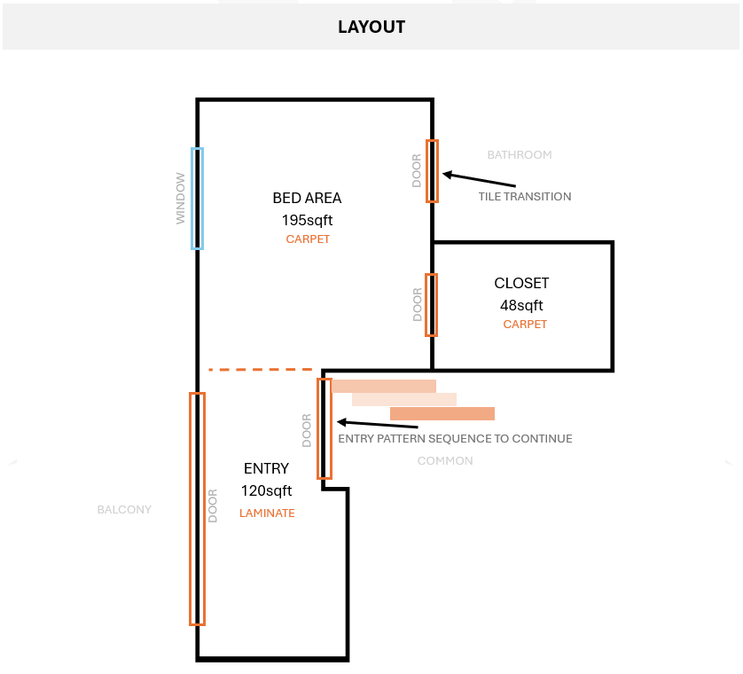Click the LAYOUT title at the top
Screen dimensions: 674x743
[371, 27]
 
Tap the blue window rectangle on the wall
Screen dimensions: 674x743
[197, 199]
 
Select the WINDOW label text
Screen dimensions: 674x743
[181, 199]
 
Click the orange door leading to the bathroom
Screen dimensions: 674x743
[432, 171]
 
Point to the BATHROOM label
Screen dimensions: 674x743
[520, 155]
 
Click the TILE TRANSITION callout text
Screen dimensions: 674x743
[525, 197]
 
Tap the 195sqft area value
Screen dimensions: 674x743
[308, 220]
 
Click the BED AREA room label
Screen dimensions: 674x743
[307, 199]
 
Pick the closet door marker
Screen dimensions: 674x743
[432, 305]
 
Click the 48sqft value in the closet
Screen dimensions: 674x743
[521, 306]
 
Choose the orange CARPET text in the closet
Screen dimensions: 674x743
[525, 325]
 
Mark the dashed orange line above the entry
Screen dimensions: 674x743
[260, 369]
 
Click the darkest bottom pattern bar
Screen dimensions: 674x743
[442, 413]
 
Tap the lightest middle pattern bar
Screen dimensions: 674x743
[404, 399]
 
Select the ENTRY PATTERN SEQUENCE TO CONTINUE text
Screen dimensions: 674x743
[455, 439]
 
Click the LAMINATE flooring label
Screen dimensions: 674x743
[267, 513]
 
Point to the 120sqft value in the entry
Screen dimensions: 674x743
[266, 490]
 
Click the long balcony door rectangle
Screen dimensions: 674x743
[197, 509]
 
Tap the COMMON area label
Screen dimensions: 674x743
[445, 461]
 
